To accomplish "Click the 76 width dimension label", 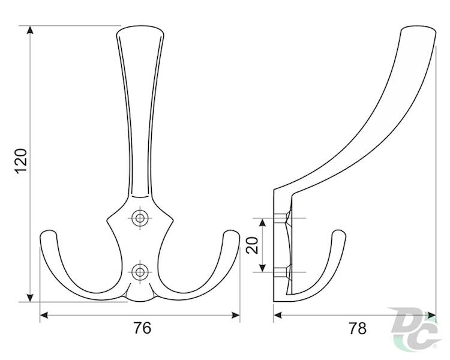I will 141,328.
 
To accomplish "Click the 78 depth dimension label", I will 358,328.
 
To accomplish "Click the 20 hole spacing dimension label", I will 253,244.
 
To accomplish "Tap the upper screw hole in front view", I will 140,217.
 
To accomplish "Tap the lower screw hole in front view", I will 140,272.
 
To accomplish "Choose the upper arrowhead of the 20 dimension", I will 262,221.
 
